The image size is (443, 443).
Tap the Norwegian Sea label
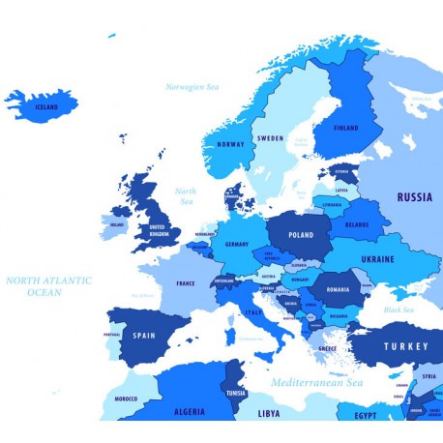(x=192, y=87)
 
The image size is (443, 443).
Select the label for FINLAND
(x=345, y=128)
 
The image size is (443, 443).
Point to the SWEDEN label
(x=271, y=138)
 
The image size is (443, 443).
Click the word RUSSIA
(x=414, y=197)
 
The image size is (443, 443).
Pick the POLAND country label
(x=301, y=234)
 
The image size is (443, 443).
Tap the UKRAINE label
(x=377, y=259)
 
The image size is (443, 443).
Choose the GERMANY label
(x=237, y=245)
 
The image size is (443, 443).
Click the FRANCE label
(x=186, y=283)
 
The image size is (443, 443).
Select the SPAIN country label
(x=143, y=336)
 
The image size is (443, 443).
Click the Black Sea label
(x=399, y=310)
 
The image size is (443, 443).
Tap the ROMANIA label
(x=339, y=289)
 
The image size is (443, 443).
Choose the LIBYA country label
(x=269, y=413)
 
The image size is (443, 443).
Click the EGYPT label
(x=365, y=416)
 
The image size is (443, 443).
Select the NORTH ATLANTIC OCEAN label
(x=47, y=285)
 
